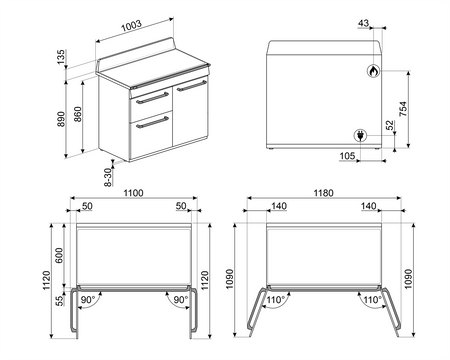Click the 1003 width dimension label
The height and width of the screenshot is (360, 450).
[x=131, y=26]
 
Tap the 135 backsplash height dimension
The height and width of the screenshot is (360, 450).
[x=61, y=57]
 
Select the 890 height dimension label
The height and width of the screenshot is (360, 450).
[x=61, y=119]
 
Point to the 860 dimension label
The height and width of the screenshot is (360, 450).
[x=77, y=114]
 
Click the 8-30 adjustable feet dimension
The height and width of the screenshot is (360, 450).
[x=108, y=177]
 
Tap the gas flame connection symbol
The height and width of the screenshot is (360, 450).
[x=373, y=71]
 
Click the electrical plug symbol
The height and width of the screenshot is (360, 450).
[x=360, y=135]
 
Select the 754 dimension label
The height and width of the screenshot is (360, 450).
[x=403, y=109]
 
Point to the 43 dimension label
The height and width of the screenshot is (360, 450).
[x=363, y=23]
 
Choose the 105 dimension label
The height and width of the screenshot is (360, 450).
[x=347, y=156]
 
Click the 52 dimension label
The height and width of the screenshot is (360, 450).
[x=390, y=125]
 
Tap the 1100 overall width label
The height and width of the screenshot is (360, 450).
[x=133, y=193]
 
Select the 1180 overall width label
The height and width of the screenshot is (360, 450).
[x=323, y=193]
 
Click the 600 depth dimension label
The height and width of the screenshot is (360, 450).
[x=59, y=255]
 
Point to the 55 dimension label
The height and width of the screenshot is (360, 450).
[x=59, y=301]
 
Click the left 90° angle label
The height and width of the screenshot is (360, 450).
[x=88, y=300]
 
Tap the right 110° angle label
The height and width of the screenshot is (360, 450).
[x=372, y=300]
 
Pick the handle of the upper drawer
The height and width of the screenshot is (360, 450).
[x=152, y=98]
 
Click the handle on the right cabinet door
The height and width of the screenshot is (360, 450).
[x=192, y=85]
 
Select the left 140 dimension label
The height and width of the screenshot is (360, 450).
[x=279, y=206]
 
